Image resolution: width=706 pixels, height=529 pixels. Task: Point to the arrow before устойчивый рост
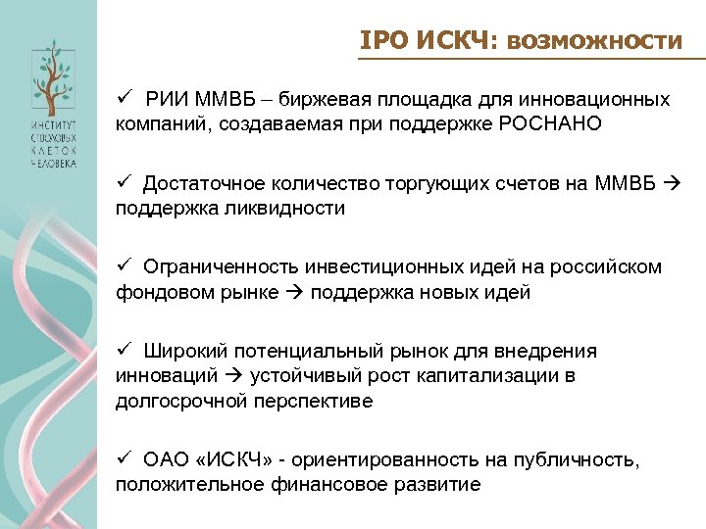click(235, 376)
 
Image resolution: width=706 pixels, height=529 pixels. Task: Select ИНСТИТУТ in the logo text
click(50, 128)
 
